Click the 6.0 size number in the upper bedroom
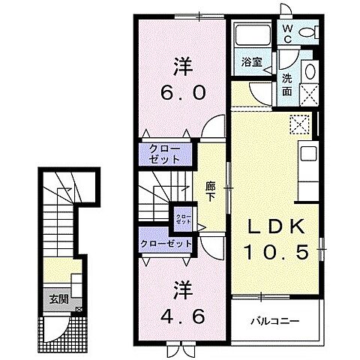(181, 94)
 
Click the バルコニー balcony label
(275, 321)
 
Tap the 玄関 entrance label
(58, 299)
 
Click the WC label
(287, 32)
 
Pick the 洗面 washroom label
(288, 85)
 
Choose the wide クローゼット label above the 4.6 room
(166, 243)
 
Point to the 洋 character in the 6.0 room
(181, 66)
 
